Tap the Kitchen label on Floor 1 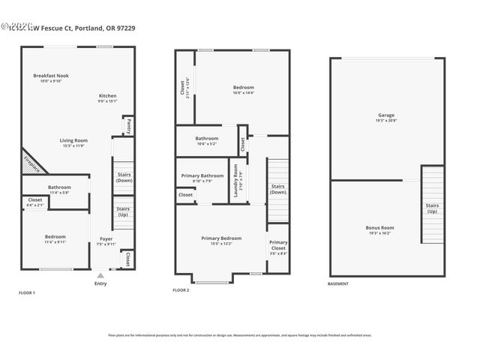coord(107,96)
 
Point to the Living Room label coord(74,140)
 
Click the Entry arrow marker coord(100,275)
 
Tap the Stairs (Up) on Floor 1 coord(124,211)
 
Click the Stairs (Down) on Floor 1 coord(124,177)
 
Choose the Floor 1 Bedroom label coord(54,237)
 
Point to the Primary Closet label coord(278,244)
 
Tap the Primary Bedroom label coord(221,238)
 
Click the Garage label coord(385,115)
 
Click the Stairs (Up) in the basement coord(432,207)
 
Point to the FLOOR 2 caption coord(181,289)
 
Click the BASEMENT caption coord(338,283)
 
